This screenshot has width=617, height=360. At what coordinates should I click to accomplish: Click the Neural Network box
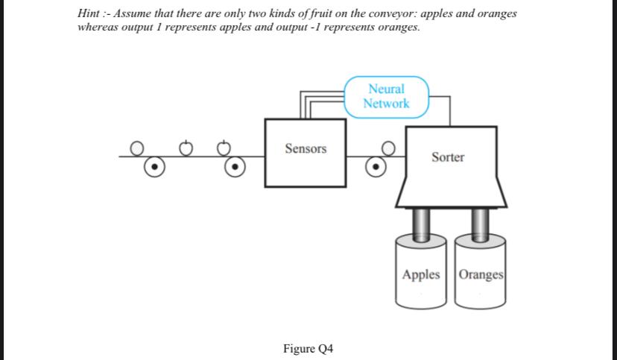387,97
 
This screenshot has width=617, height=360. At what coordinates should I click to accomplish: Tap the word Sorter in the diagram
448,157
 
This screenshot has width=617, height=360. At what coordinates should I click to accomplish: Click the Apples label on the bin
421,274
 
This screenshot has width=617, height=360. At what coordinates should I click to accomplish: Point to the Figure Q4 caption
308,348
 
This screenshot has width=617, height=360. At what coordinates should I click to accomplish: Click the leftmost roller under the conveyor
154,167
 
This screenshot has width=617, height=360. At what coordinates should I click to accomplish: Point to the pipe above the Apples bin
422,224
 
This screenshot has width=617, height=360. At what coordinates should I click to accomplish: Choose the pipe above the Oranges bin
480,224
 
